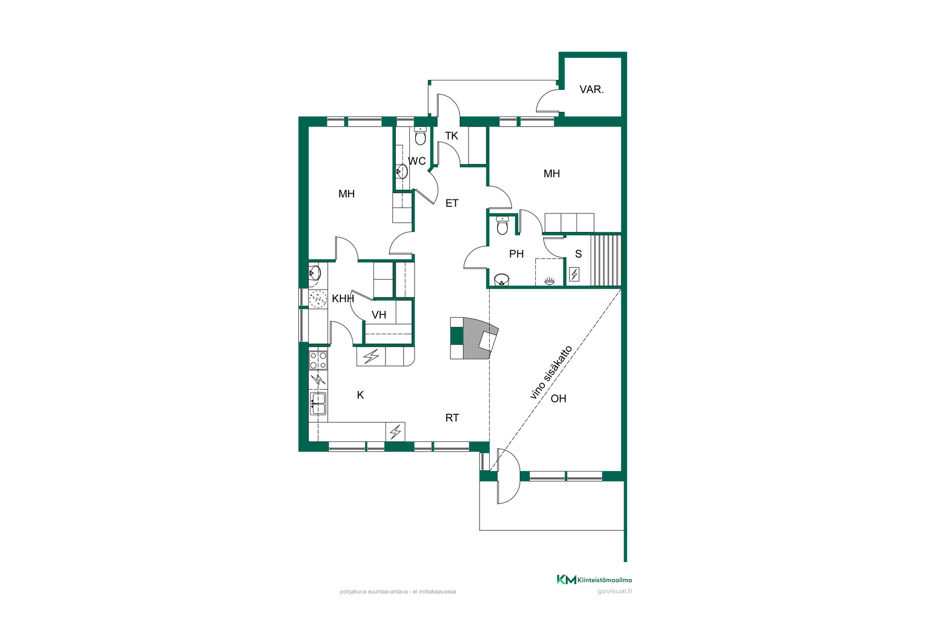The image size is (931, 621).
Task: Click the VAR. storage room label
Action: coord(592,89)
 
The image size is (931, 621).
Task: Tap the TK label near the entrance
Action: coord(451,136)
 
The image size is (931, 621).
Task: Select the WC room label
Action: coord(417,161)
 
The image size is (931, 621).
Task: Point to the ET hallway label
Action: coord(452,203)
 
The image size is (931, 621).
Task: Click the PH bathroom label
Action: coord(516,254)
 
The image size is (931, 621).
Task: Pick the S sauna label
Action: coord(578,254)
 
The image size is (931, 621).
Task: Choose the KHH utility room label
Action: coord(343,299)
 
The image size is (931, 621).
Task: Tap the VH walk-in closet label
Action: coord(379,315)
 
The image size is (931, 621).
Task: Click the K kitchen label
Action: coord(360,395)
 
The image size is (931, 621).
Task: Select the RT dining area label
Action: coord(452,418)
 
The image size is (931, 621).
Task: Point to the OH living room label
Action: coord(559,399)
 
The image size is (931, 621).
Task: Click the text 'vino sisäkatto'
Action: coord(551,372)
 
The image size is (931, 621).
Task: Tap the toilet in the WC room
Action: coord(420,136)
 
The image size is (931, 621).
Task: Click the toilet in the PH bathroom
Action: coord(502,225)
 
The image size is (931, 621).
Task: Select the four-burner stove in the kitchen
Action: coord(318,360)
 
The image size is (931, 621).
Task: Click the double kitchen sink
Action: coord(318,404)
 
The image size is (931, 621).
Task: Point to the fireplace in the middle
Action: coord(474,338)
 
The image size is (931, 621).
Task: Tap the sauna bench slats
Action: coord(606,261)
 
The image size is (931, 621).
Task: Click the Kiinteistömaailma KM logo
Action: coord(594,580)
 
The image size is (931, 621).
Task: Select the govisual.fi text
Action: coord(614,591)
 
